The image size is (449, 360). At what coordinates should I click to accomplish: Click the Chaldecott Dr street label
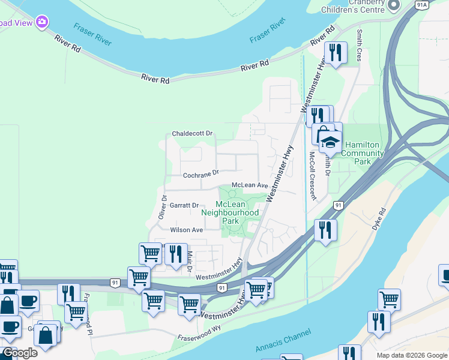coord(193,133)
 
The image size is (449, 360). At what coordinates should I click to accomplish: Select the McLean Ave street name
coord(249,185)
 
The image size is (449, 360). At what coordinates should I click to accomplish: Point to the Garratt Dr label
coord(184,205)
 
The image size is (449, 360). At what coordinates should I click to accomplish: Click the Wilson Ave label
coord(186,230)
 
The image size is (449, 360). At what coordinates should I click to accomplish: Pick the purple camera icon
coord(42,22)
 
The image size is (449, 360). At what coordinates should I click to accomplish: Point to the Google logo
coord(20,353)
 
